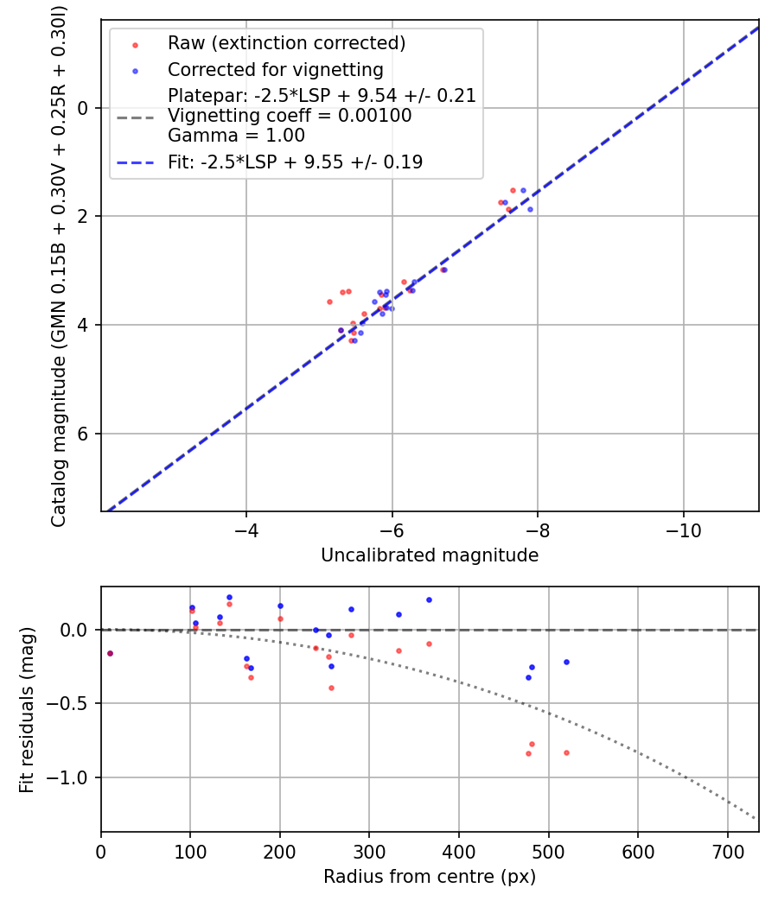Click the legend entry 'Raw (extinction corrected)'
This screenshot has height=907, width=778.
pyautogui.click(x=286, y=43)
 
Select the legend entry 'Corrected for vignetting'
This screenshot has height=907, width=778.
pyautogui.click(x=275, y=69)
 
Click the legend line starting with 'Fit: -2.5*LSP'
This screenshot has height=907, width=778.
pyautogui.click(x=295, y=162)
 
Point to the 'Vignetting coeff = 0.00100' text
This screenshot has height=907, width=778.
pyautogui.click(x=290, y=116)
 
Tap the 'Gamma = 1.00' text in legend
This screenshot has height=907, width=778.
pyautogui.click(x=236, y=136)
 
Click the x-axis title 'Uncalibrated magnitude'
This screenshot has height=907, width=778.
pyautogui.click(x=430, y=555)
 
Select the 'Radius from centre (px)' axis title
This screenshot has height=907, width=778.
pyautogui.click(x=430, y=877)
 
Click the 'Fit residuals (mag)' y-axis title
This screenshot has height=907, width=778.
pyautogui.click(x=27, y=709)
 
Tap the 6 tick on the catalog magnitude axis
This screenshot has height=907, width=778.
pyautogui.click(x=85, y=434)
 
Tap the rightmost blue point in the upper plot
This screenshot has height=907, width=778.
pyautogui.click(x=530, y=209)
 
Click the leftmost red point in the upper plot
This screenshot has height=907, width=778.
pyautogui.click(x=329, y=301)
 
